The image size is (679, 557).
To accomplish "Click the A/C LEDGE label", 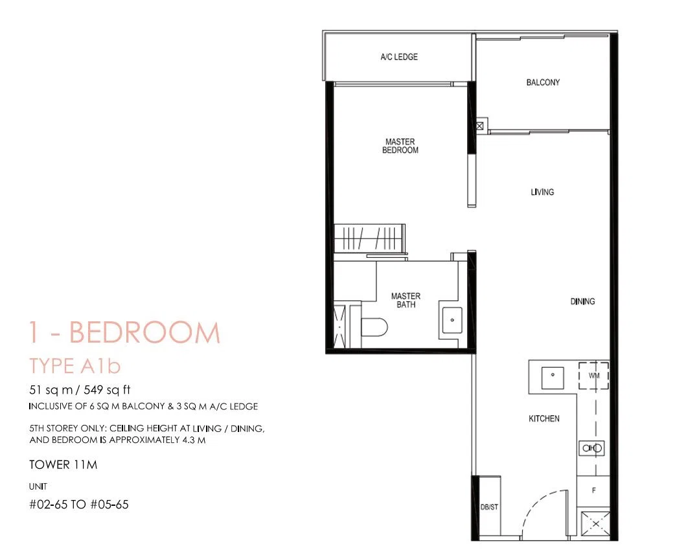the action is (399, 57).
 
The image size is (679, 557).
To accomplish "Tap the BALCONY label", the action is (543, 82).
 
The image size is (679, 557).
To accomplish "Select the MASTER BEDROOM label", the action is (400, 146).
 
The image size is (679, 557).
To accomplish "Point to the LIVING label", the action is (542, 192).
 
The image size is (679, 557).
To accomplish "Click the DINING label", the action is (582, 301).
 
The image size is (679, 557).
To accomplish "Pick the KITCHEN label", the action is (544, 418).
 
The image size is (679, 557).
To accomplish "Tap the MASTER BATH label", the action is (406, 301).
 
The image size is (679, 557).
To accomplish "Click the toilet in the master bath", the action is (374, 328).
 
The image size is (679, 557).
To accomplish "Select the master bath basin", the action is (452, 320).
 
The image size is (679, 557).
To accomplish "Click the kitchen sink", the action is (553, 378).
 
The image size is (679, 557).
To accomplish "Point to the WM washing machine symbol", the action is (593, 376).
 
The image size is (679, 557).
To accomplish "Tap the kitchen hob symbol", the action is (592, 448).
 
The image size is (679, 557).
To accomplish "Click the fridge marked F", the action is (593, 491).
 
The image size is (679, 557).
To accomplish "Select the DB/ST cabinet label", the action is (489, 506).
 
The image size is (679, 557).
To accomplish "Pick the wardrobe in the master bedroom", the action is (369, 238).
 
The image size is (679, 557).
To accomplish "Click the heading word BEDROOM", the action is (144, 332).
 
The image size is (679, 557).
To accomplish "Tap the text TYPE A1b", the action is (75, 366).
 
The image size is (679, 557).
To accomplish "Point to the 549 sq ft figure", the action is (107, 390).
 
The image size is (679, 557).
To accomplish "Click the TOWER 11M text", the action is (63, 465).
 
